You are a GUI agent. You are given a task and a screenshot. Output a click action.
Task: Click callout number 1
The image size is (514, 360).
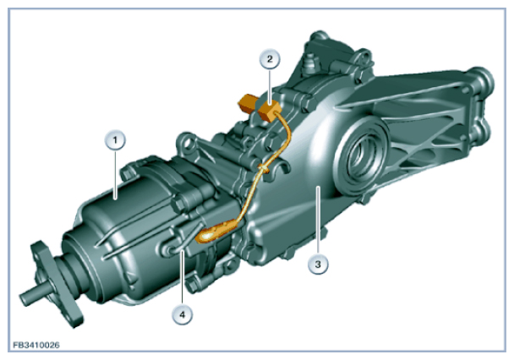[x=115, y=140]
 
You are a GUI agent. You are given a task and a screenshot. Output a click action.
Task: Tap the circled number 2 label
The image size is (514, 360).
[x=270, y=59]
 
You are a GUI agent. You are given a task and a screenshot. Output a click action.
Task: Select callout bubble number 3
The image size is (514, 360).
[x=318, y=264]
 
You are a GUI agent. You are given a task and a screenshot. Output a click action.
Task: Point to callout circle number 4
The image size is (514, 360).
[x=183, y=314]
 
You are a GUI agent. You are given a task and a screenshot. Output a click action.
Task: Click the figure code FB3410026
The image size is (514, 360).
[x=36, y=345]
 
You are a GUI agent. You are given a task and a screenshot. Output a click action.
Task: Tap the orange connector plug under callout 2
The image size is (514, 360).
[x=269, y=111]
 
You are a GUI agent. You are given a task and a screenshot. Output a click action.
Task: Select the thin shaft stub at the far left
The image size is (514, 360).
[x=34, y=296]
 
